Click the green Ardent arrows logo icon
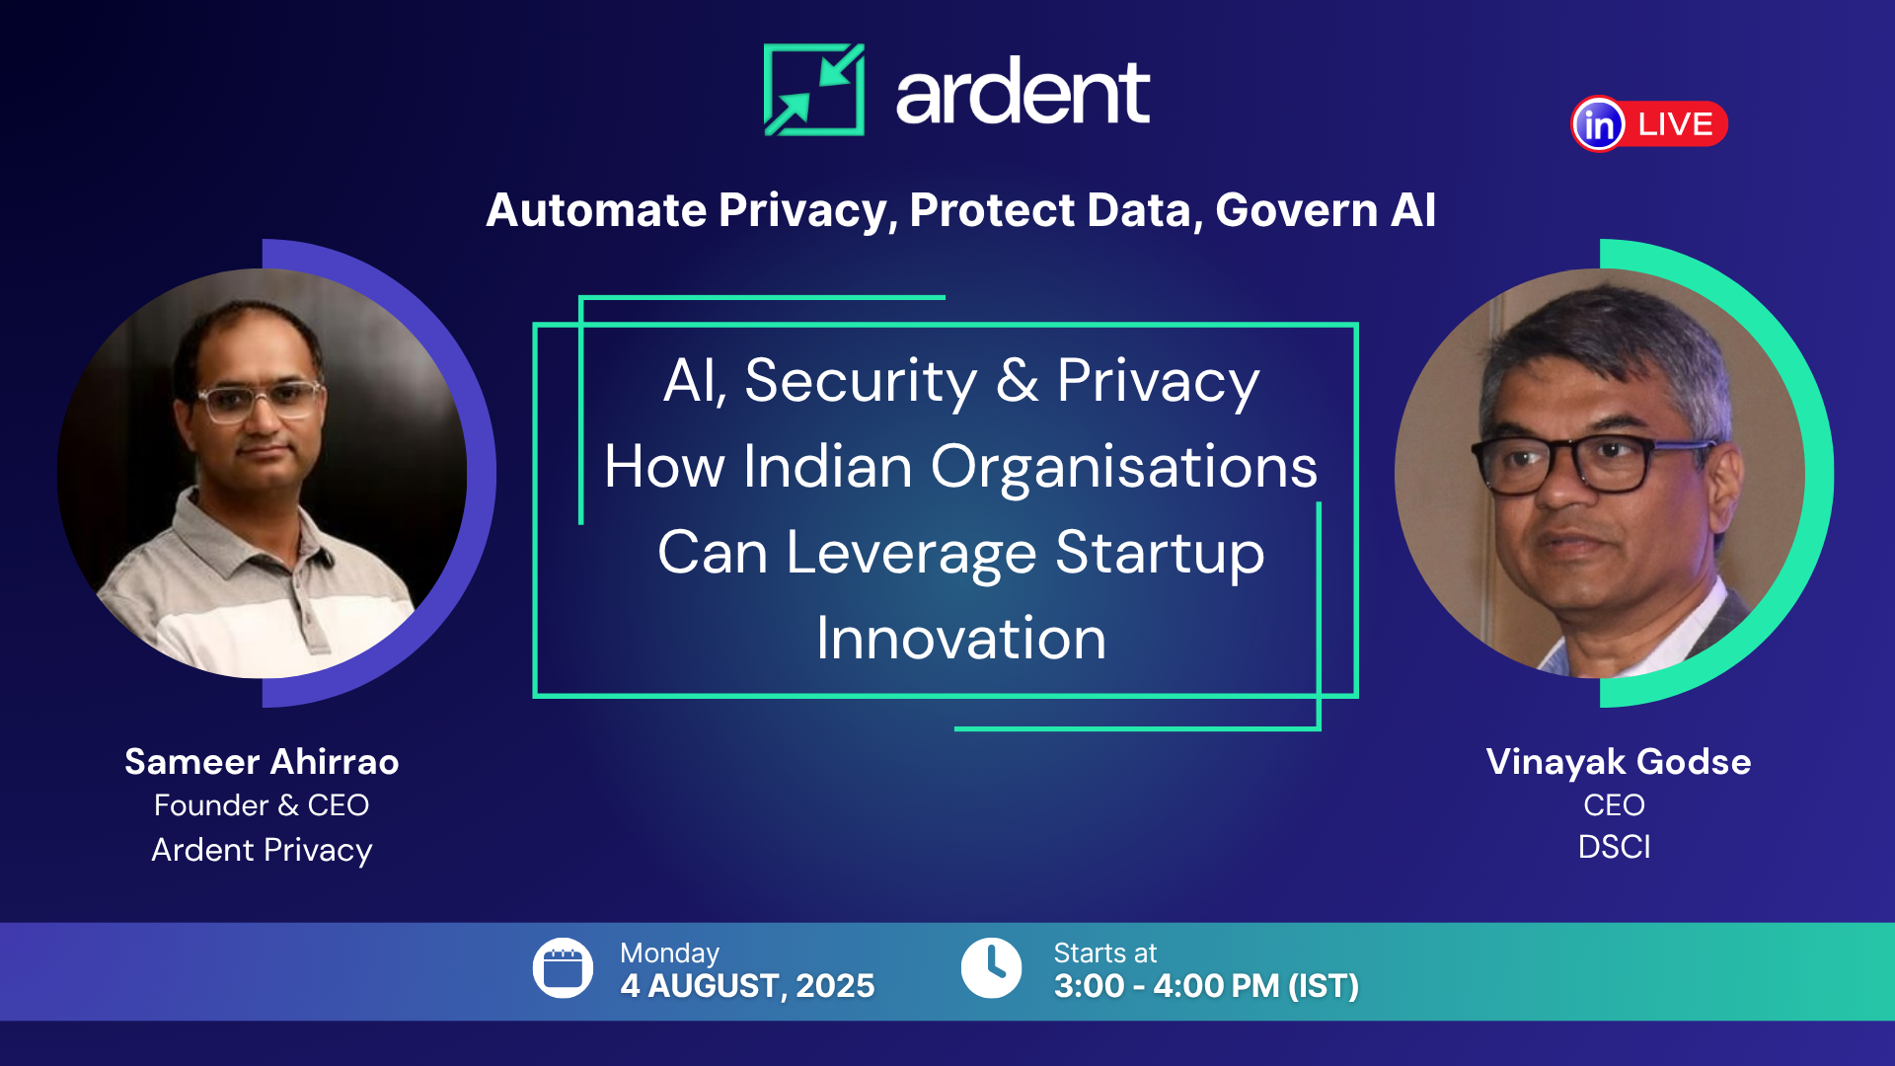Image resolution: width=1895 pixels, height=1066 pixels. [814, 90]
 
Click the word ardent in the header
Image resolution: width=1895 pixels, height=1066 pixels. [1023, 93]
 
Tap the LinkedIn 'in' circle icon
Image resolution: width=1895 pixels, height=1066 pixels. [1598, 124]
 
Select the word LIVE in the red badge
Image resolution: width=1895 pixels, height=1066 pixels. [1675, 124]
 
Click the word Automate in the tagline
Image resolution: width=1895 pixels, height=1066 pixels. [596, 210]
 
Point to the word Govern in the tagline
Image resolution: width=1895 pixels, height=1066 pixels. [1296, 210]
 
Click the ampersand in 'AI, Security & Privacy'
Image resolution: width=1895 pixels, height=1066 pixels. [1017, 381]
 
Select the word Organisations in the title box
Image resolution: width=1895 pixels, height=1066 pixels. [1123, 467]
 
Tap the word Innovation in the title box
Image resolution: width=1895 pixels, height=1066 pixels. [960, 639]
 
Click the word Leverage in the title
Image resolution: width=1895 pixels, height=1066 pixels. [911, 553]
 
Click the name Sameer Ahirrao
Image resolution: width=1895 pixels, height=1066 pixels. [262, 762]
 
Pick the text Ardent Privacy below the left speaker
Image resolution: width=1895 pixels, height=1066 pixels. [262, 850]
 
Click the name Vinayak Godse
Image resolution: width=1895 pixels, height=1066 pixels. [1618, 762]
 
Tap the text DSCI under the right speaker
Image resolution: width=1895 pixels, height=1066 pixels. [1614, 847]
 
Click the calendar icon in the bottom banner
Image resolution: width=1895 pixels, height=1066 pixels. [563, 968]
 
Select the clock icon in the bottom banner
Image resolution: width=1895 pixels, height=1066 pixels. [991, 968]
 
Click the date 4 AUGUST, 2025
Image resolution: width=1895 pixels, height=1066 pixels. [747, 986]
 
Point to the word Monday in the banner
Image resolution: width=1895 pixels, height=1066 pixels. [669, 953]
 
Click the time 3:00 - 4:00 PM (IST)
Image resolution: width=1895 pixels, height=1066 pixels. [1206, 986]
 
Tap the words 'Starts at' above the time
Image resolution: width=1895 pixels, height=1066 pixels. [1104, 953]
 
